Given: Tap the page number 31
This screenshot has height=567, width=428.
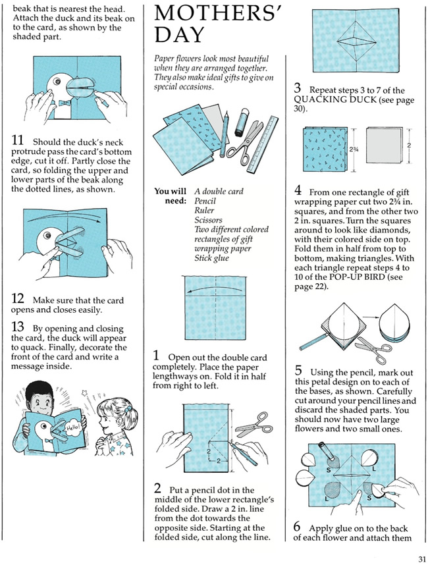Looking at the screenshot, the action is pyautogui.click(x=421, y=559).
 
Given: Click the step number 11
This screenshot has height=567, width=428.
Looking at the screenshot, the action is pyautogui.click(x=17, y=140).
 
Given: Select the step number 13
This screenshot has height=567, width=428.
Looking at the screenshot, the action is pyautogui.click(x=17, y=327).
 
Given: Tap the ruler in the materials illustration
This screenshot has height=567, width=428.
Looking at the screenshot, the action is pyautogui.click(x=263, y=144).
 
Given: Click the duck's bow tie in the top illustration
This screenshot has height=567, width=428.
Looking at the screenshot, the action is pyautogui.click(x=64, y=103).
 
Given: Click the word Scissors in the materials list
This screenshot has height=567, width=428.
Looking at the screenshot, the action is pyautogui.click(x=208, y=220).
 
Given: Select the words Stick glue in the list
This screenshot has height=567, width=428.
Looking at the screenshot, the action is pyautogui.click(x=211, y=258).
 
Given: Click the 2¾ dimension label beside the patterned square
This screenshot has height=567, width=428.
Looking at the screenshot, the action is pyautogui.click(x=353, y=149).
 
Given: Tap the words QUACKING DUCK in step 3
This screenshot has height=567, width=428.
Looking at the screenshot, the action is pyautogui.click(x=335, y=100).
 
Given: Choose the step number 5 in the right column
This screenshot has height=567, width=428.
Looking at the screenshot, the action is pyautogui.click(x=298, y=371).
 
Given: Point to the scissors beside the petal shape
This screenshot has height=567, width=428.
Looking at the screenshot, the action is pyautogui.click(x=373, y=348).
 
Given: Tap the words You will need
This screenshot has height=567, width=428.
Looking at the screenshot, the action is pyautogui.click(x=171, y=196).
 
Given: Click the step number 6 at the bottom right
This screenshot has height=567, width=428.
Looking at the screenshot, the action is pyautogui.click(x=297, y=527).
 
